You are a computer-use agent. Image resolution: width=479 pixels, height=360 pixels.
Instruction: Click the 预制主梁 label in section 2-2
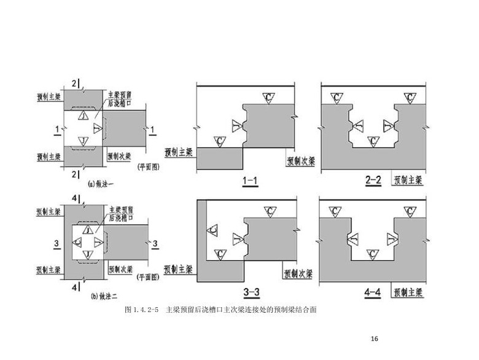pos(408,180)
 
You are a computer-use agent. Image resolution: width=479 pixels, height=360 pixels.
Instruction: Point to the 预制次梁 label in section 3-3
pos(297,270)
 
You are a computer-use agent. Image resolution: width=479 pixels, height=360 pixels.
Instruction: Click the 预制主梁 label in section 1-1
pos(179,151)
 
